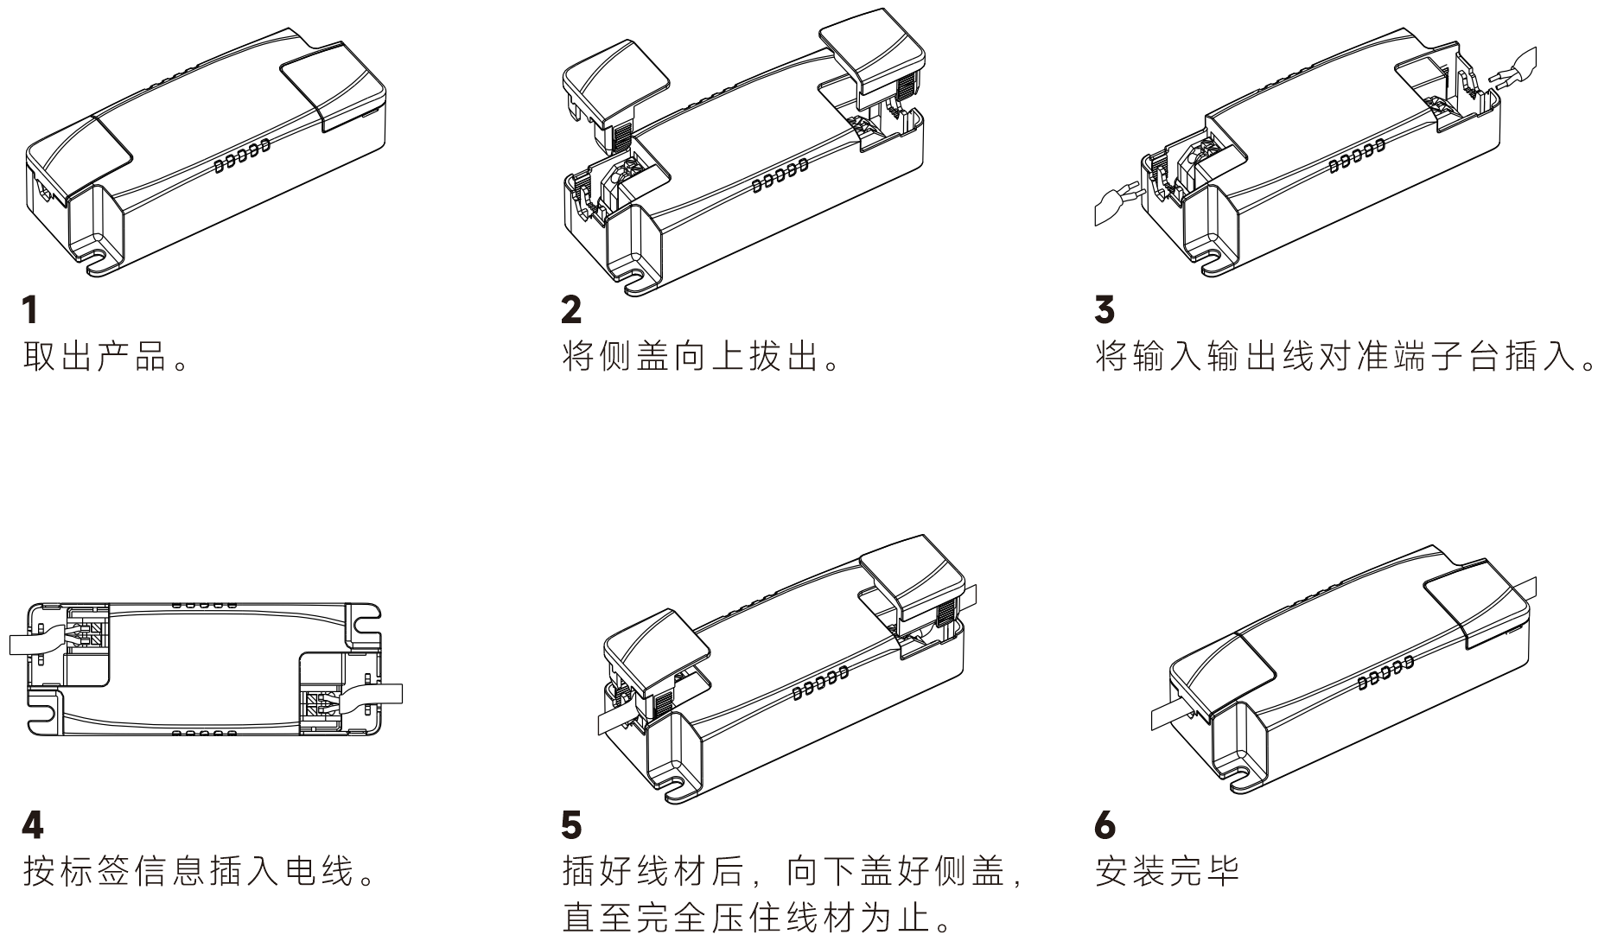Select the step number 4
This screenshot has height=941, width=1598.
[x=32, y=827]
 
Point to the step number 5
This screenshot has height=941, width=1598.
[x=571, y=827]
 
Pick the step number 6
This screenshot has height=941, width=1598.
[x=1105, y=827]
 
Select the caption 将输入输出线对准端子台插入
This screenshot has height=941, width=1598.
[x=1345, y=357]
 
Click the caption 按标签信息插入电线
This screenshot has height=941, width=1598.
[x=200, y=872]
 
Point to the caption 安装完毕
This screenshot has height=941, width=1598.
[x=1167, y=872]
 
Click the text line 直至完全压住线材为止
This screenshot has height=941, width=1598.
[x=757, y=919]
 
